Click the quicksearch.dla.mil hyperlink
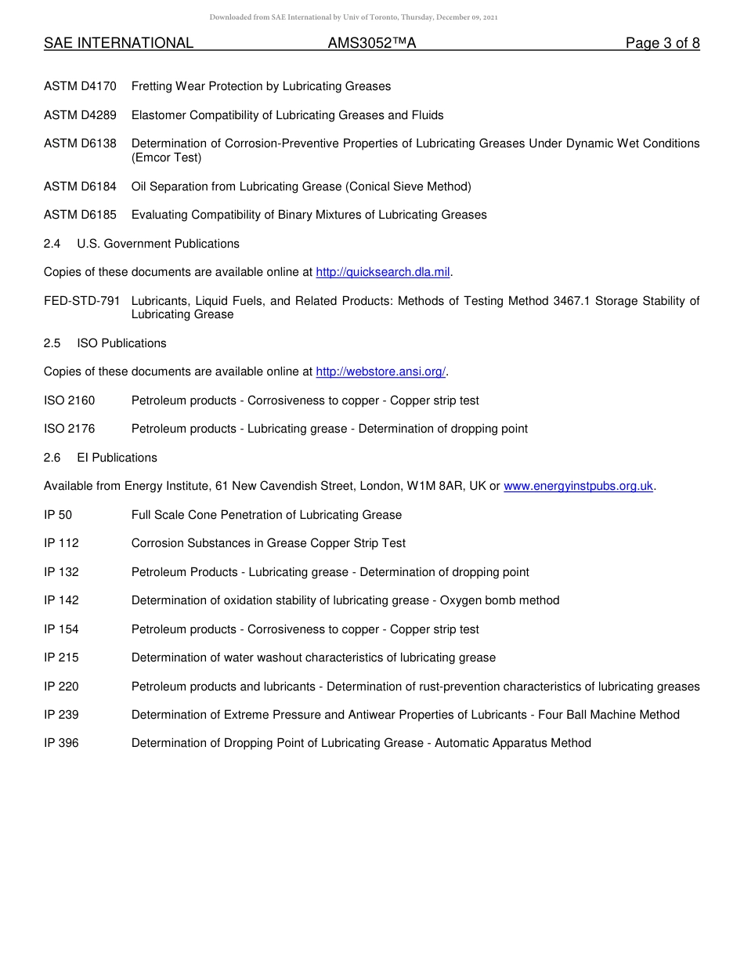[x=383, y=273]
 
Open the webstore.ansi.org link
[x=381, y=372]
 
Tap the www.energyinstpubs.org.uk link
[x=578, y=487]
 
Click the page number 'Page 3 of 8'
[x=662, y=44]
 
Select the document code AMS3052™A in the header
[x=372, y=44]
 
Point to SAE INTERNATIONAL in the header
[x=118, y=44]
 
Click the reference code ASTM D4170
[x=80, y=86]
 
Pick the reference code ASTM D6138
[x=80, y=144]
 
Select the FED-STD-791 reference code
[x=82, y=301]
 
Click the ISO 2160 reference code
[x=69, y=400]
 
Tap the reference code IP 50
[x=58, y=515]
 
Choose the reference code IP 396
[x=61, y=743]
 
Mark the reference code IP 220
[x=61, y=687]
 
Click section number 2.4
[x=52, y=244]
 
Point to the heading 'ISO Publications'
[x=121, y=343]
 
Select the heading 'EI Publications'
[x=117, y=458]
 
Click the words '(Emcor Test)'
[x=166, y=158]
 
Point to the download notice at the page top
[x=353, y=17]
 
